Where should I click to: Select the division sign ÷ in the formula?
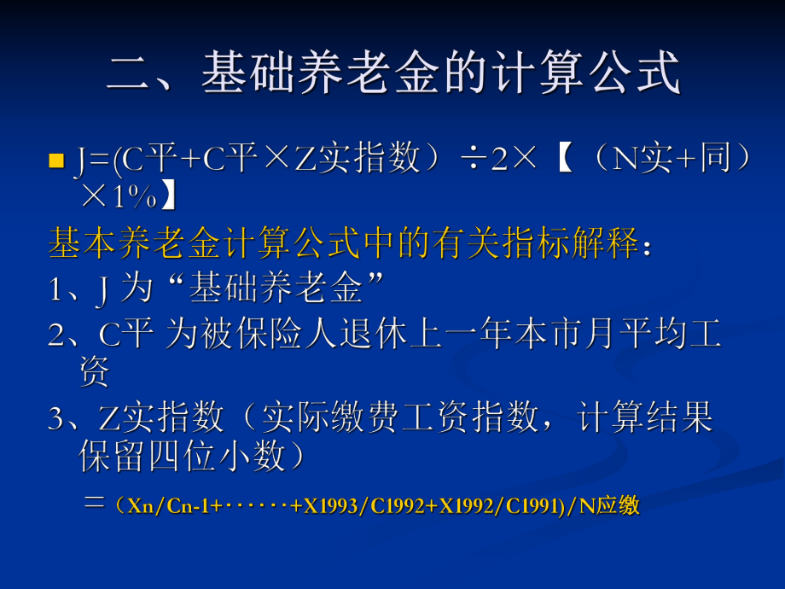468,159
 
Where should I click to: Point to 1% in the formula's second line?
132,197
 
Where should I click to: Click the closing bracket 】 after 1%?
169,197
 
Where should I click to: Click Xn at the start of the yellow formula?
137,506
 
